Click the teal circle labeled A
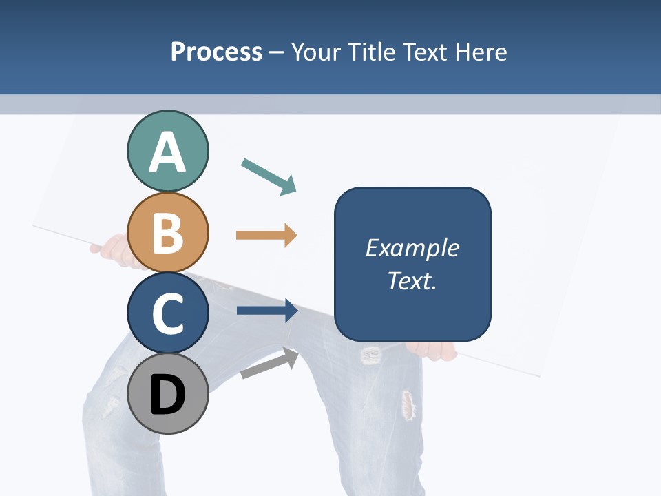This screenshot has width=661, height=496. pos(167,151)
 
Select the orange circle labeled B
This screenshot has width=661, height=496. pos(167,232)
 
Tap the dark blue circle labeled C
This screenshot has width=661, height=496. pos(167,313)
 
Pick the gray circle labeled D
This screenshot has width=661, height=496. pos(167,395)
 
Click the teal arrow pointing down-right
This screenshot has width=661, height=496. pos(269,176)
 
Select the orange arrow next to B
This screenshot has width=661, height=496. pos(266,236)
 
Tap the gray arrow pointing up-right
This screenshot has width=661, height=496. pos(269,364)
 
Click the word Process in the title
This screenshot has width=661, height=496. pos(216,52)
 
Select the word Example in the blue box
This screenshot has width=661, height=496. pos(412,247)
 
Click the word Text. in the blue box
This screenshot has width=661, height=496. pos(412,280)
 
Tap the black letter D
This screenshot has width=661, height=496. pos(167,395)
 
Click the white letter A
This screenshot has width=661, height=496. pos(167,152)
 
